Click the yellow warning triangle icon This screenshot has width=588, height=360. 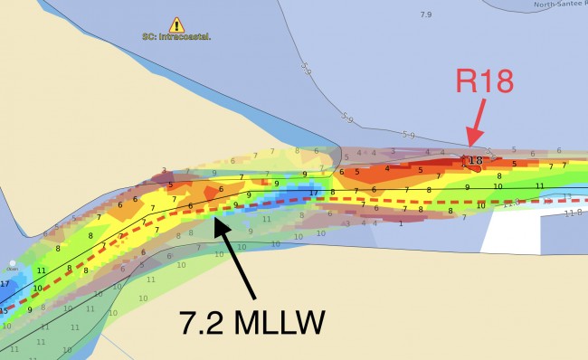176,25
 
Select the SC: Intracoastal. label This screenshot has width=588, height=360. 176,37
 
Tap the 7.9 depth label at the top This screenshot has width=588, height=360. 427,14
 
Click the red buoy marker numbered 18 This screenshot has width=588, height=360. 473,163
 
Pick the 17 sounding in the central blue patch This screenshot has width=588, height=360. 313,192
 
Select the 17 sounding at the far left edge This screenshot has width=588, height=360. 5,284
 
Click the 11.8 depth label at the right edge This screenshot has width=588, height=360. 573,213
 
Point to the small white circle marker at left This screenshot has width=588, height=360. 13,263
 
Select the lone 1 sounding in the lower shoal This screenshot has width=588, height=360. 400,223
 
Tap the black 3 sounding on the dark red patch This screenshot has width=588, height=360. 164,169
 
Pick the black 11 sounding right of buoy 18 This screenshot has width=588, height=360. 539,185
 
